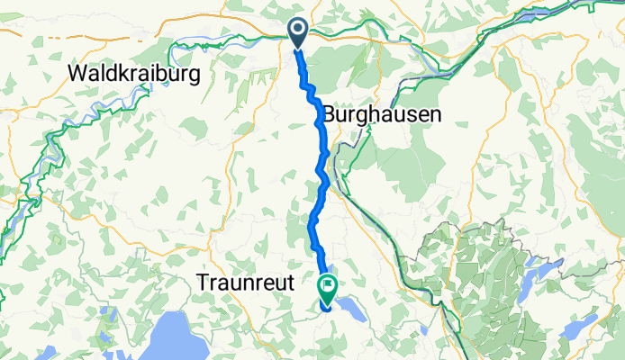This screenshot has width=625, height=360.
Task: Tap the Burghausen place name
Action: (x=382, y=115)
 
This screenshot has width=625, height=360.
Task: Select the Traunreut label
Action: (x=245, y=283)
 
